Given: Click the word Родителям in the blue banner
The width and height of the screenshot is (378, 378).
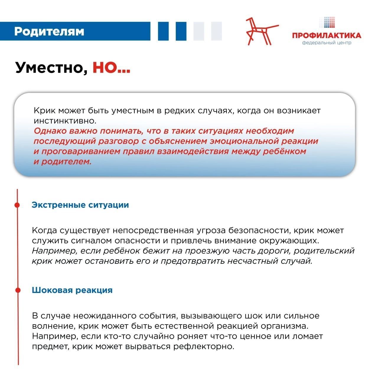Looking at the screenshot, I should (49, 31).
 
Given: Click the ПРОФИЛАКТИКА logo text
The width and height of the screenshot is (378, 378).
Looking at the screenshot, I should (327, 36).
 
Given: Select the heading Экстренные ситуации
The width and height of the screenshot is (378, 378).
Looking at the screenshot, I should (80, 205).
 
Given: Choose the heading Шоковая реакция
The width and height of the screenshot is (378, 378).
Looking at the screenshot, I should (72, 290).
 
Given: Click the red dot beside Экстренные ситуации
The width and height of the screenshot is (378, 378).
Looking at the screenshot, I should (17, 205).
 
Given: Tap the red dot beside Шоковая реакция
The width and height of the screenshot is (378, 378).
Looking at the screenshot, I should (18, 290).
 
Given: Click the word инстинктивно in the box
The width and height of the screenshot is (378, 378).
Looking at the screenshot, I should (65, 121).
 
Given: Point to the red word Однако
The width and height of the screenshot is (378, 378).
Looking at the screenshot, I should (49, 131).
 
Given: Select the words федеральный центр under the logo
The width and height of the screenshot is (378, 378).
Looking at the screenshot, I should (327, 43).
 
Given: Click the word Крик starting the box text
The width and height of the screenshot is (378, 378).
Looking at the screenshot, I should (44, 111).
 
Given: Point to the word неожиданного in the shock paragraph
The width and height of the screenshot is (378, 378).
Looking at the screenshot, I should (103, 316).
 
